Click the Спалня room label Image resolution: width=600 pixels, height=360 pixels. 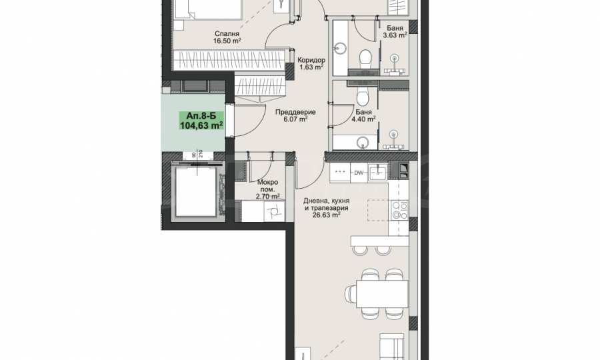(227, 33)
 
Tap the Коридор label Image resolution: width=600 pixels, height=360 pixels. (311, 60)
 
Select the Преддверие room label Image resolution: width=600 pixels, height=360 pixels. (295, 112)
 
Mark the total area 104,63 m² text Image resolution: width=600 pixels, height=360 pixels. (201, 125)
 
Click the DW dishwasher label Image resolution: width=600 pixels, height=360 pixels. (359, 173)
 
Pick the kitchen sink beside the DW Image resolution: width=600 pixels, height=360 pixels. (378, 172)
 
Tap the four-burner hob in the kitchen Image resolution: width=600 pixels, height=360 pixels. (399, 211)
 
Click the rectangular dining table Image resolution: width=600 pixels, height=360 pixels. (382, 294)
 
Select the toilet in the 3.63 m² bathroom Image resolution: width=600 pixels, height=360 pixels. (365, 59)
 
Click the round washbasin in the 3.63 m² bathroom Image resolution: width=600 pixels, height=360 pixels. (340, 48)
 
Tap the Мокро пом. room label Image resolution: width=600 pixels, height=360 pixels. (267, 186)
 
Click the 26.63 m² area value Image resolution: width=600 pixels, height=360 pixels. (327, 215)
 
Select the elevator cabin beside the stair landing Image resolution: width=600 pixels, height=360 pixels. (195, 191)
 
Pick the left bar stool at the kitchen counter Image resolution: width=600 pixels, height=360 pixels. (360, 250)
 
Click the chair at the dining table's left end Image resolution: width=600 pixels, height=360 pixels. (350, 294)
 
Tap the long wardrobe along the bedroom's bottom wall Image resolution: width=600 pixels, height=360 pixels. (229, 61)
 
